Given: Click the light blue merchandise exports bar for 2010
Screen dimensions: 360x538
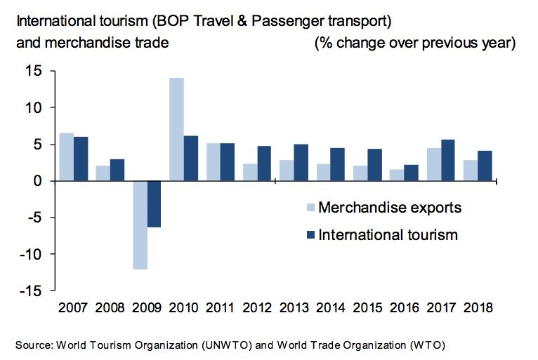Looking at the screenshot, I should click(x=176, y=129).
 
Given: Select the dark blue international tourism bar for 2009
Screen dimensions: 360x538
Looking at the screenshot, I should click(x=155, y=204).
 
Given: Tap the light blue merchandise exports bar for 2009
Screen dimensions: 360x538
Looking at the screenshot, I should click(x=139, y=225).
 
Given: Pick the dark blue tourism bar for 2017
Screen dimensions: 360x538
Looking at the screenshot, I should click(x=448, y=160).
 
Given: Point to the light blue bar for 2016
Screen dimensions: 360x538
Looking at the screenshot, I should click(x=397, y=175).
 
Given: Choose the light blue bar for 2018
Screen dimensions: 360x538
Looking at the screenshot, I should click(x=471, y=171).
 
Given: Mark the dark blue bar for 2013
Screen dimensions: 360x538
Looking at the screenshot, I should click(x=301, y=162).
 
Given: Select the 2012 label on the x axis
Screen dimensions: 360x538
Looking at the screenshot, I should click(x=257, y=307).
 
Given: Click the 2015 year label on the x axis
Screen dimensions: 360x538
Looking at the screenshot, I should click(x=368, y=307).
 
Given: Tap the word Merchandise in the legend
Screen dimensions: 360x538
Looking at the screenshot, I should click(x=357, y=208).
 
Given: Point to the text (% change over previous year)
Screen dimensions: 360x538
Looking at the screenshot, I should click(x=414, y=43).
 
